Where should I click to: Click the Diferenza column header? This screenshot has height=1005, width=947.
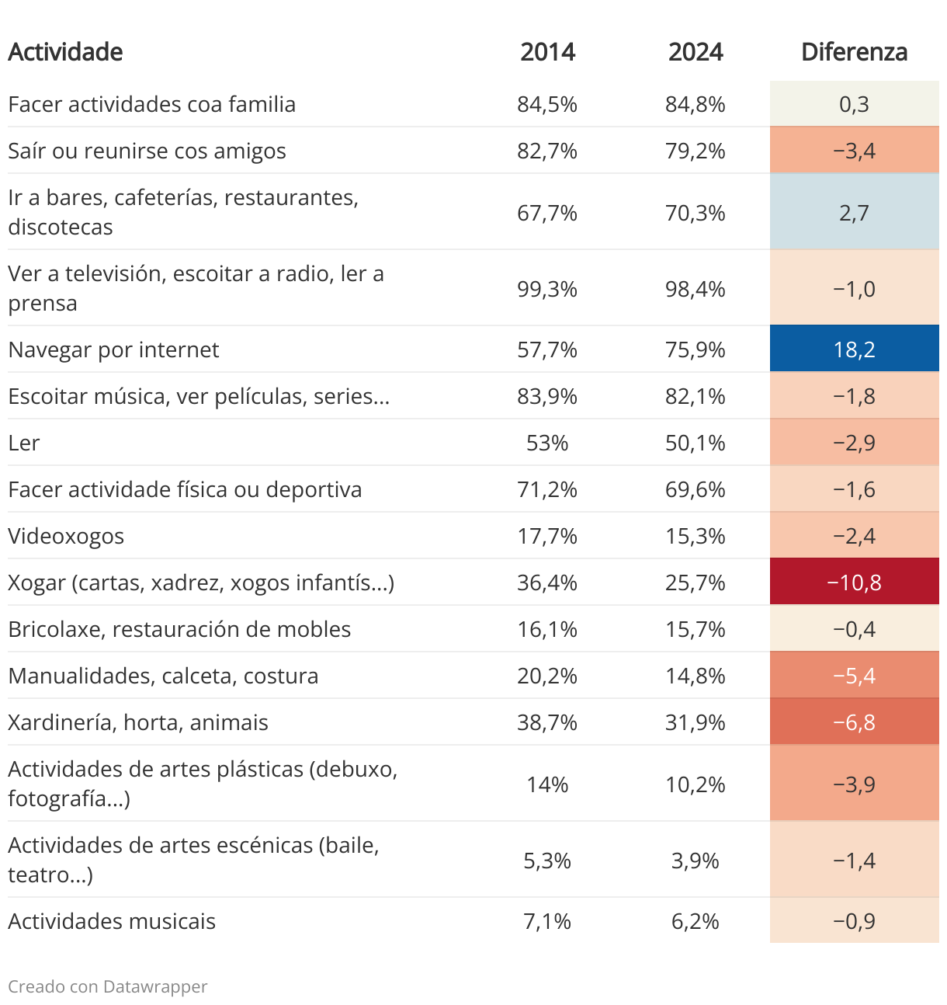(854, 52)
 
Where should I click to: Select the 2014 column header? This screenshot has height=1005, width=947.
(547, 52)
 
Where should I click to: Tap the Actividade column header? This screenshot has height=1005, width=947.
(65, 52)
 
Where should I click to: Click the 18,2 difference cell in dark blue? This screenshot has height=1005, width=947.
(854, 349)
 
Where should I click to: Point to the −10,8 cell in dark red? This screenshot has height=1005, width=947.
(854, 582)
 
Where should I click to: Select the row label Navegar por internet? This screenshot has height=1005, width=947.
(113, 349)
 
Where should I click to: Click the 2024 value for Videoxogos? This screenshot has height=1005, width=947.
(695, 536)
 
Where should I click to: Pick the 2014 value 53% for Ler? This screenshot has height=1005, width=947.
(547, 443)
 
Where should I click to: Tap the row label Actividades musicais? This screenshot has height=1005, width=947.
(112, 921)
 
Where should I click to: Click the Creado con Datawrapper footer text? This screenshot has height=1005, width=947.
(108, 986)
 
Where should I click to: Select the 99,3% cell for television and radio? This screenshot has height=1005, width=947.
(547, 289)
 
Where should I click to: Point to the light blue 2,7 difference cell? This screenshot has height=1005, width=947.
(854, 213)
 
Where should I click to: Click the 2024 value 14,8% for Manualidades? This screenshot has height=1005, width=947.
(695, 676)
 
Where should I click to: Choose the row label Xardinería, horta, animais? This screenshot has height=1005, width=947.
(138, 722)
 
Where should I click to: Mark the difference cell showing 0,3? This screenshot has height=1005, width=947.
(854, 104)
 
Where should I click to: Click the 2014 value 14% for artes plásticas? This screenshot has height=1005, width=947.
(547, 784)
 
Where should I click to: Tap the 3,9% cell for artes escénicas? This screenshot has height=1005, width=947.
(695, 861)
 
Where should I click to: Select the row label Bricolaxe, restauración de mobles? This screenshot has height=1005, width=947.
(179, 629)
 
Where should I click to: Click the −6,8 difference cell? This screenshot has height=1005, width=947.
(854, 722)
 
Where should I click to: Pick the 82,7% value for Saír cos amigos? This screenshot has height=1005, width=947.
(547, 151)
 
